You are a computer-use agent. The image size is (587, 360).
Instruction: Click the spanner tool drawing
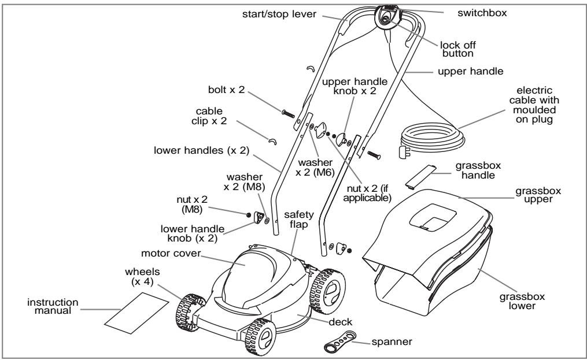click(339, 341)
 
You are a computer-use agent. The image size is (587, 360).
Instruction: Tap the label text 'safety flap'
click(298, 219)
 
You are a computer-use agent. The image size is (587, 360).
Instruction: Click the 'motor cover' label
click(171, 253)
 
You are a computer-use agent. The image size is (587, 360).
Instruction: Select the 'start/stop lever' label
click(279, 14)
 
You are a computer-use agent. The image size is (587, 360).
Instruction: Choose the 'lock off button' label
click(458, 49)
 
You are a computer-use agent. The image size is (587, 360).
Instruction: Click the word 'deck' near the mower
click(340, 322)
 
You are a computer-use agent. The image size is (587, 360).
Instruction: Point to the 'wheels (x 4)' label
click(142, 277)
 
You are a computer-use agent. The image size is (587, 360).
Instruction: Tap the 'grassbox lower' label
click(522, 301)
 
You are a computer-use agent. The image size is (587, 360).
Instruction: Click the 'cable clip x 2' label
click(209, 116)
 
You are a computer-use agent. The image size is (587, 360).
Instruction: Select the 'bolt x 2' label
click(226, 90)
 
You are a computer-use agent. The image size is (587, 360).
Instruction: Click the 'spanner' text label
click(392, 342)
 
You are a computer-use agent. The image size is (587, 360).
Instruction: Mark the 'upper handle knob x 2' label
click(355, 86)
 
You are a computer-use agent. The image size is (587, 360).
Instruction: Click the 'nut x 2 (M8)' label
click(192, 205)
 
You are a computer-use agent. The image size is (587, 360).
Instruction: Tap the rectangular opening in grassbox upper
click(433, 216)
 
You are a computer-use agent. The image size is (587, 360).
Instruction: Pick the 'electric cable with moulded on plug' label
click(534, 105)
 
